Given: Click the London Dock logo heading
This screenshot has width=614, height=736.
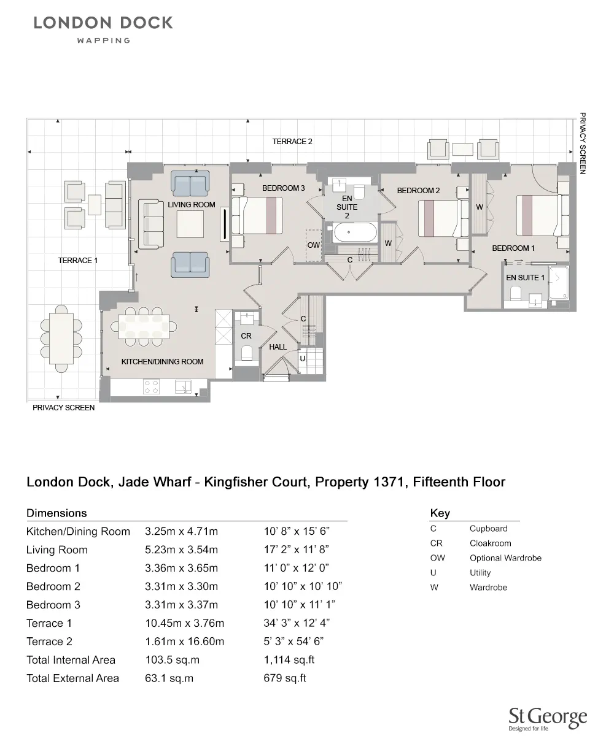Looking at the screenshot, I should point(103,23).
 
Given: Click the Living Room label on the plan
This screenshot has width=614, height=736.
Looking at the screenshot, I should point(192,204).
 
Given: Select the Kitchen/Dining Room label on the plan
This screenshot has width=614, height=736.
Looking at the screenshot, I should point(162,362).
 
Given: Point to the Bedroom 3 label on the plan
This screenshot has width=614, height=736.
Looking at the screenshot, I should point(283,188).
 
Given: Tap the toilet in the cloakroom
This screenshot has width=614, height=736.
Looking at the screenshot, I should point(246,353).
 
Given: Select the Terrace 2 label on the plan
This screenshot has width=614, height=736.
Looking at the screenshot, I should point(292,142).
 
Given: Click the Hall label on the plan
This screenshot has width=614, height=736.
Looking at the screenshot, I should point(278,347).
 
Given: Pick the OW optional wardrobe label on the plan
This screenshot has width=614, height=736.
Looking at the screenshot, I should point(313,245).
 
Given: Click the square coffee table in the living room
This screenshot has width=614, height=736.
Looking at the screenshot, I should point(190,224).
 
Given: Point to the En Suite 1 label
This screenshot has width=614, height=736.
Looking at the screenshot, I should point(525,278).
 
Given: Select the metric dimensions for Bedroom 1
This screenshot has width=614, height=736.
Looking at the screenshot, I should point(181,568).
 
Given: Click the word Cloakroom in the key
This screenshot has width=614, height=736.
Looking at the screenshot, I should point(490,543).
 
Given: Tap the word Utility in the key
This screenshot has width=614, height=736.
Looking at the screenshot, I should point(480,572).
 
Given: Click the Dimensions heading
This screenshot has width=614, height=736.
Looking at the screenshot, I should point(56,513).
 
